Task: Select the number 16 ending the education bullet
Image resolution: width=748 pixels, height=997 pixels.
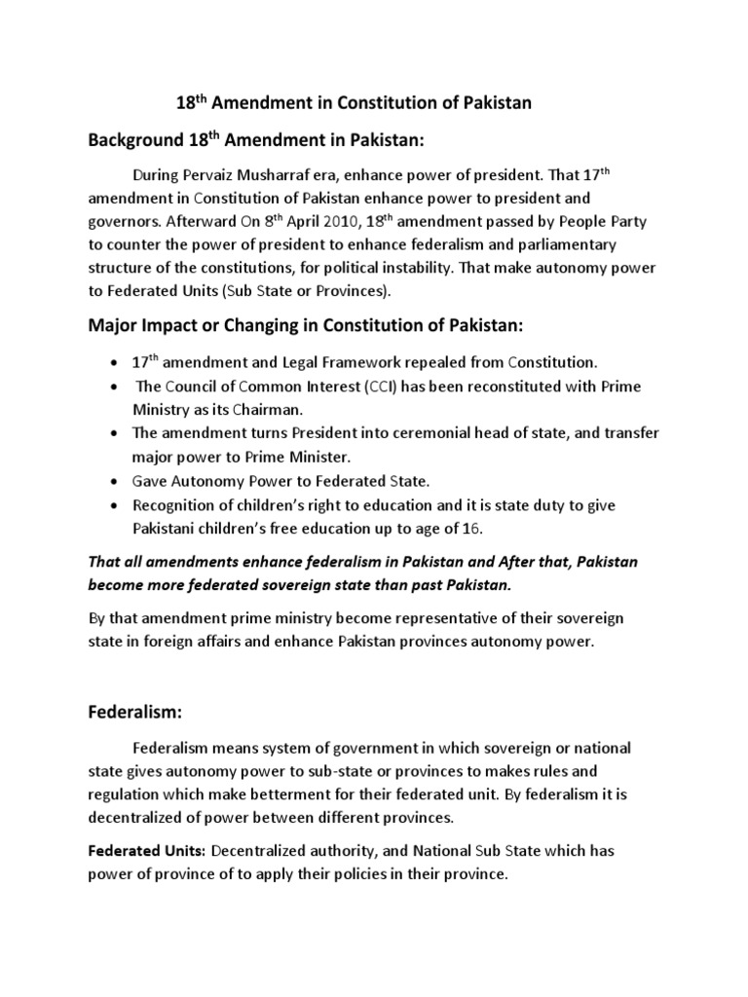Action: pos(476,528)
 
